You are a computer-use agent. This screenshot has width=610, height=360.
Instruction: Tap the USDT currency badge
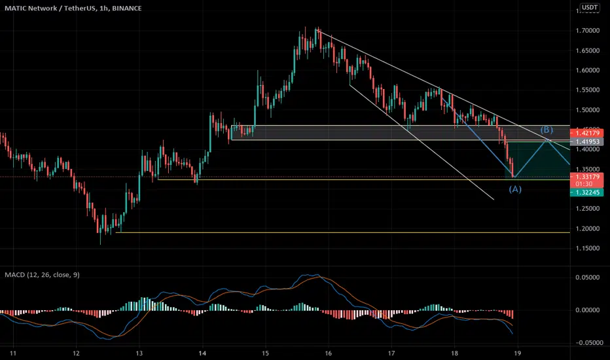click(590, 8)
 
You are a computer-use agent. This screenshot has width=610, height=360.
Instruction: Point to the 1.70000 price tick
click(589, 31)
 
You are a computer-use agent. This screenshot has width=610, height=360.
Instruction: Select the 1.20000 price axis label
click(589, 228)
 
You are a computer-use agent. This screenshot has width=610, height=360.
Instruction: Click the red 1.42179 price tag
click(589, 133)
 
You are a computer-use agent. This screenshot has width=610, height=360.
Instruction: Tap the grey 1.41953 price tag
click(589, 141)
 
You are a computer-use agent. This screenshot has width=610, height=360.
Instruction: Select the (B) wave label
click(547, 130)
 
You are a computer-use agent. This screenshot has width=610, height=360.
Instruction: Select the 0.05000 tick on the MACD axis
click(589, 278)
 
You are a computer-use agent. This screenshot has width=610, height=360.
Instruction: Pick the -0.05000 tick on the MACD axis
click(588, 342)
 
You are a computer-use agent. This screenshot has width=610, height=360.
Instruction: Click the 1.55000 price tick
click(589, 90)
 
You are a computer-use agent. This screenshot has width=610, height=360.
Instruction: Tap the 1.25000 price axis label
click(589, 209)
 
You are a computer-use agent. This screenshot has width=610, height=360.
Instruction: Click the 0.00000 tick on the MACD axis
click(589, 310)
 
